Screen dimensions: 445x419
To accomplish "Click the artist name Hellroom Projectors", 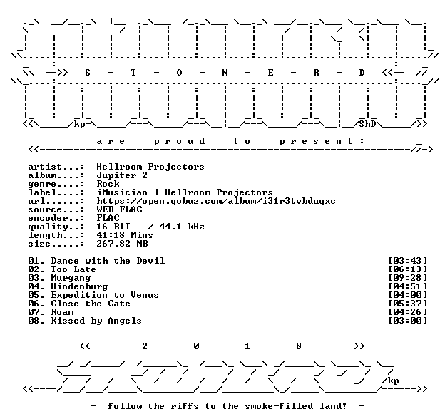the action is (150, 167).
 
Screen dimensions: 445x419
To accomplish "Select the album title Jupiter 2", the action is (122, 175).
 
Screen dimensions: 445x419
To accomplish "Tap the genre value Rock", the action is (108, 184).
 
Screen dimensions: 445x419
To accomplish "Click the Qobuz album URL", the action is (216, 201).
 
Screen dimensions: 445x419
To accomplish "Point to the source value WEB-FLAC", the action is (120, 209).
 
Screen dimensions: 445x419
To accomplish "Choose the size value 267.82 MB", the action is (122, 244).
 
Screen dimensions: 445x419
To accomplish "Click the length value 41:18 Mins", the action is (125, 235).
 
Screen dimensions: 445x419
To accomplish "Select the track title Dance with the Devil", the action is (108, 261).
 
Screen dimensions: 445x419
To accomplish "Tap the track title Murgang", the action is (71, 278).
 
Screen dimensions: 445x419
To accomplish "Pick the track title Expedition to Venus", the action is (105, 295).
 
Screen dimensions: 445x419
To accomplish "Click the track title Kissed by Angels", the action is (96, 321).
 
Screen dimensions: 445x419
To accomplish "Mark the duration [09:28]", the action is (407, 278).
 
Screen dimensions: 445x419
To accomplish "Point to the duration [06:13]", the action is (407, 269).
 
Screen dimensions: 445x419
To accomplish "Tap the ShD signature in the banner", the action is (367, 124).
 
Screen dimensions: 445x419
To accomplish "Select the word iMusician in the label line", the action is (122, 192).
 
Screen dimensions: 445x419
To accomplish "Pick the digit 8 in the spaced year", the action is (299, 346).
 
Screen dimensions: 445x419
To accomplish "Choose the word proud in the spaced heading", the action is (180, 142).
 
